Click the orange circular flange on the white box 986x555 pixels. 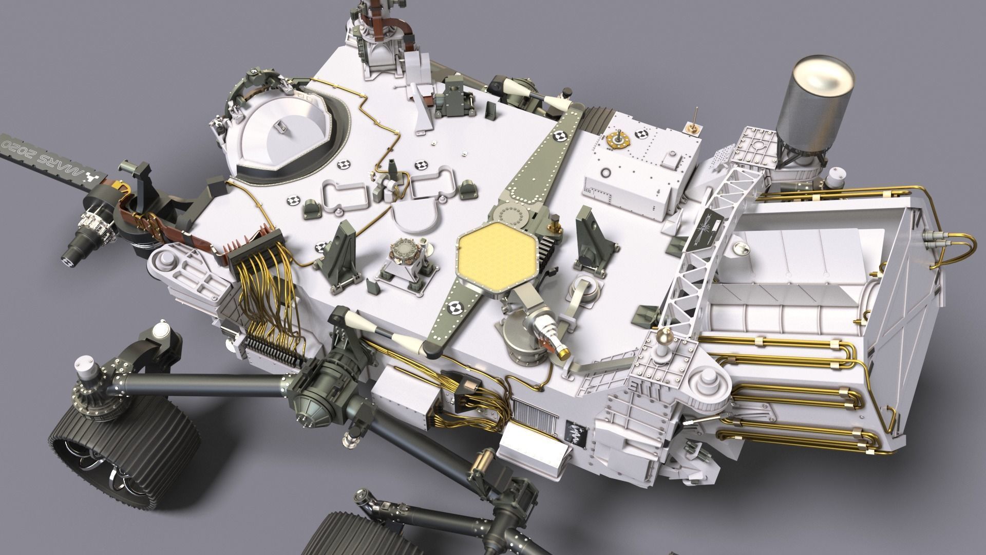[x=618, y=139]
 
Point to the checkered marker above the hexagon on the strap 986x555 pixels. [x=560, y=137]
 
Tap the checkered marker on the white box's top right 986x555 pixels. [x=642, y=135]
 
